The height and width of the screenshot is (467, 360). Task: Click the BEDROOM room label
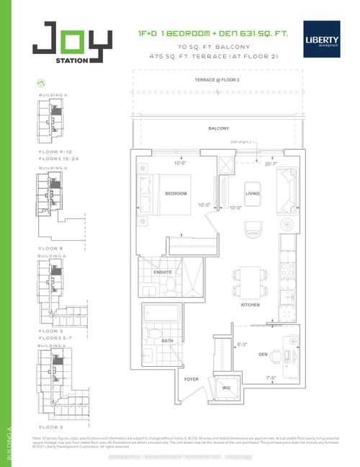point(176,194)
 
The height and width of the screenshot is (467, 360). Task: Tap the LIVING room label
point(253,193)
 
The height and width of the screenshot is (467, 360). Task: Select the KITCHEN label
point(249,305)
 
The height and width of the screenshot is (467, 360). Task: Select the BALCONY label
point(219,128)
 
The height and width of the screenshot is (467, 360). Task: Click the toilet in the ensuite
point(149,290)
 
